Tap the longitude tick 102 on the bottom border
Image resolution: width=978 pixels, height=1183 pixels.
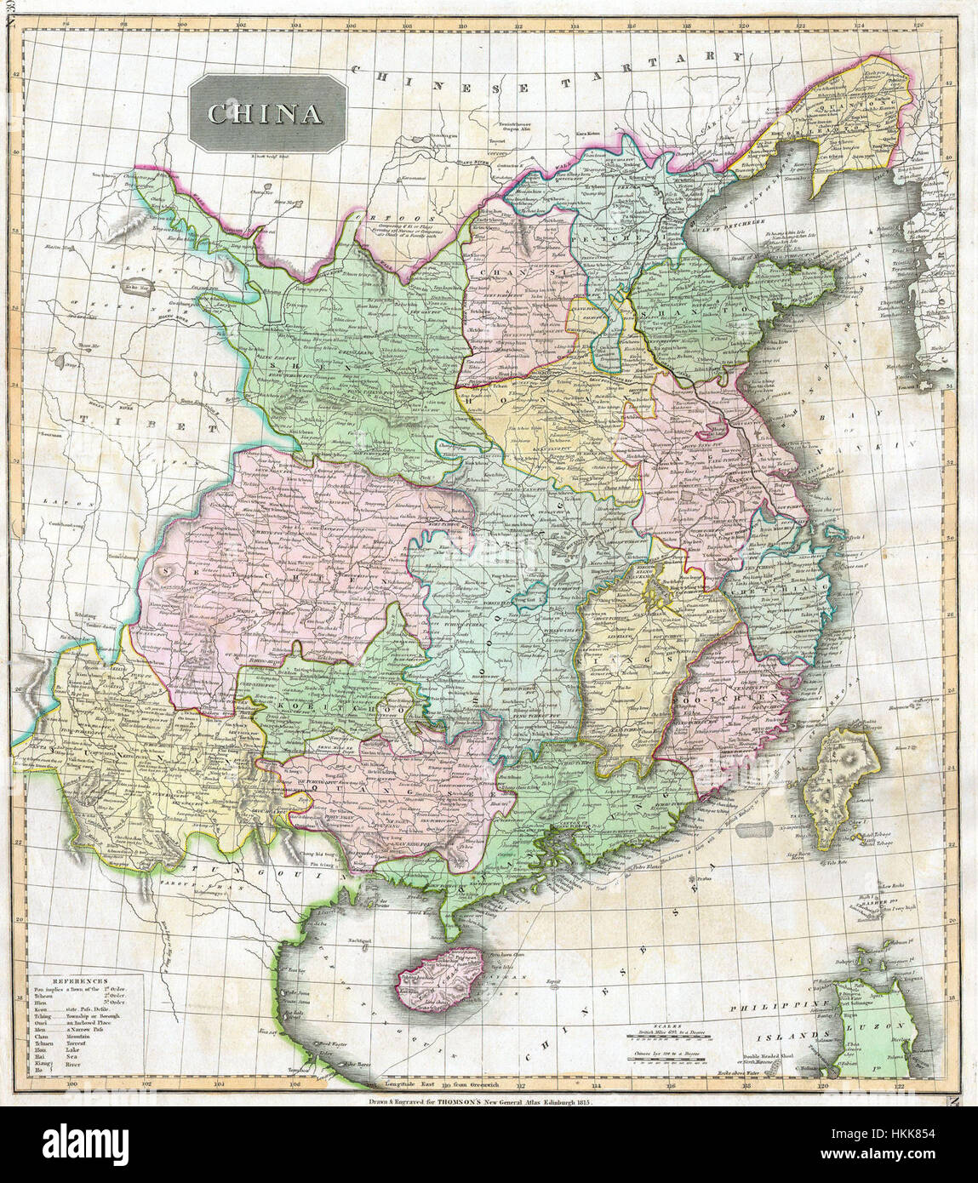[146, 1085]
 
